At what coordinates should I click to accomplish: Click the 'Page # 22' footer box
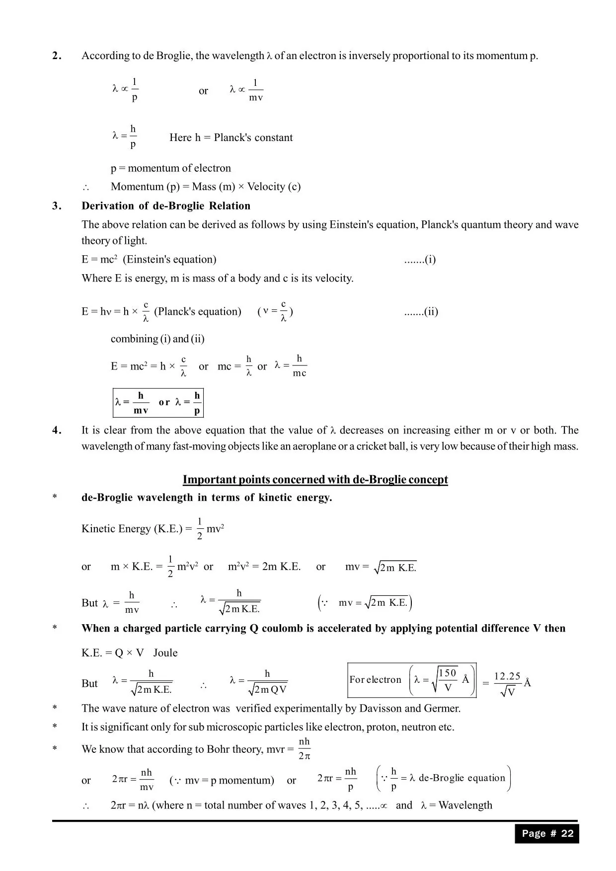pyautogui.click(x=547, y=834)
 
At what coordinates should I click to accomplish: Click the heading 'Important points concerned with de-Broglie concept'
pyautogui.click(x=315, y=480)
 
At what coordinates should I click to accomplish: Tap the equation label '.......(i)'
pyautogui.click(x=420, y=260)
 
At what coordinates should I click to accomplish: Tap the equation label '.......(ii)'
pyautogui.click(x=421, y=312)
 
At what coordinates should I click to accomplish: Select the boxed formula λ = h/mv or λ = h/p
pyautogui.click(x=158, y=402)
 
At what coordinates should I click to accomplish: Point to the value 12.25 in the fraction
pyautogui.click(x=507, y=676)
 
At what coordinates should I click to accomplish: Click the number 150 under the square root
pyautogui.click(x=447, y=673)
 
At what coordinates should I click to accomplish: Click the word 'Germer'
pyautogui.click(x=443, y=709)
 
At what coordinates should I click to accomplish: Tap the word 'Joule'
pyautogui.click(x=165, y=653)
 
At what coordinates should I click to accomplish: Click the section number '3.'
pyautogui.click(x=57, y=206)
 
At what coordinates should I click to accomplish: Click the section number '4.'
pyautogui.click(x=57, y=431)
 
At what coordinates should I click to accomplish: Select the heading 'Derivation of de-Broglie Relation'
pyautogui.click(x=166, y=206)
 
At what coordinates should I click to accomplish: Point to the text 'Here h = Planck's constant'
pyautogui.click(x=231, y=138)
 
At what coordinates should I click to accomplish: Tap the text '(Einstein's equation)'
pyautogui.click(x=169, y=260)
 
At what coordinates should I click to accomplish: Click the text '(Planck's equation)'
pyautogui.click(x=198, y=312)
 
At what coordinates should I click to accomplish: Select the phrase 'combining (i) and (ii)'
pyautogui.click(x=157, y=339)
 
